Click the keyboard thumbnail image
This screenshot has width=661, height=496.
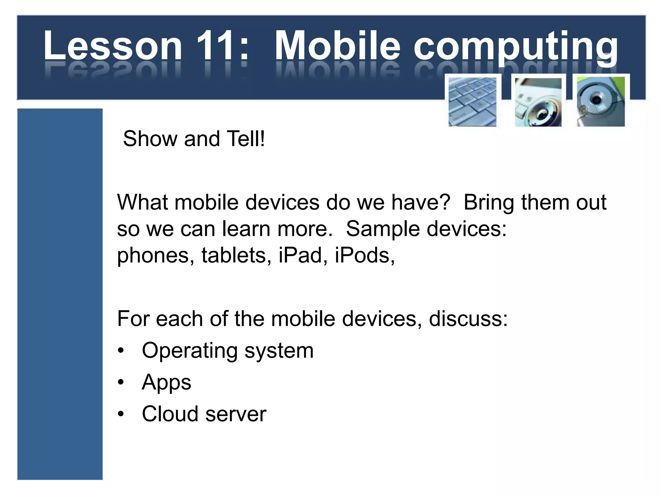472,102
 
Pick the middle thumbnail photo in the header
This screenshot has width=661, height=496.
538,102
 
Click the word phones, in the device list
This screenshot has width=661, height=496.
155,255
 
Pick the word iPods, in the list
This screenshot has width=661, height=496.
364,255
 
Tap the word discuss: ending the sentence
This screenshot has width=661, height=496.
468,319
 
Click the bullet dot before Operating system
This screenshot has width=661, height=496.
121,351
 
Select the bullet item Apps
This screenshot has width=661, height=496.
166,383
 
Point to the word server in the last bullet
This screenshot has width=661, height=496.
236,414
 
